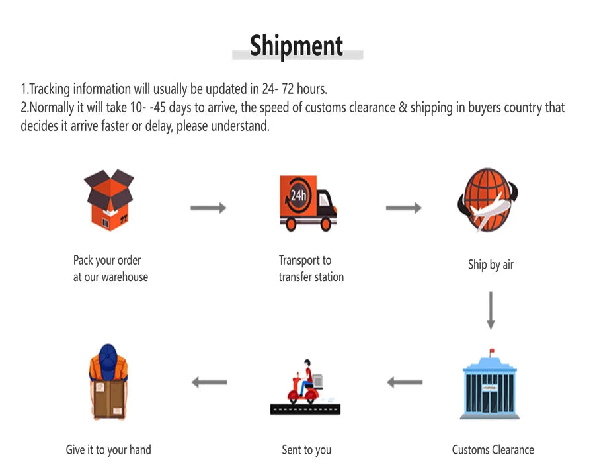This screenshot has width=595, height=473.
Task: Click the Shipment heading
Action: pyautogui.click(x=296, y=46)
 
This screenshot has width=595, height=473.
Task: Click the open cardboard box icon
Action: pyautogui.click(x=109, y=200)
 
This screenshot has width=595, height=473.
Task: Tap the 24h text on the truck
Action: pyautogui.click(x=298, y=195)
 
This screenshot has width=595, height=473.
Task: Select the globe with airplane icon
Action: pyautogui.click(x=488, y=200)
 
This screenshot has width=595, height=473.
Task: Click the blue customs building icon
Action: pyautogui.click(x=489, y=384)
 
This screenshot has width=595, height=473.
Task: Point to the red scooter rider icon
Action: pyautogui.click(x=305, y=382)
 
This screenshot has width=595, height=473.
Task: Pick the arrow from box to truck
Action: pyautogui.click(x=208, y=208)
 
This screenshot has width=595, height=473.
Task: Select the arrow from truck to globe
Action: pyautogui.click(x=404, y=208)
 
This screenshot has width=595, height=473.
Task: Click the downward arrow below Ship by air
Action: pyautogui.click(x=491, y=310)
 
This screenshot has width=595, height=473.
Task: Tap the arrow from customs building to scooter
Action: pyautogui.click(x=405, y=382)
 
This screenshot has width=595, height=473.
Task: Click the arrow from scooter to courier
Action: pyautogui.click(x=210, y=382)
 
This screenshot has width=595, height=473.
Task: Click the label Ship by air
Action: pyautogui.click(x=491, y=265)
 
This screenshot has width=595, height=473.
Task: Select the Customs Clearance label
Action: pyautogui.click(x=493, y=450)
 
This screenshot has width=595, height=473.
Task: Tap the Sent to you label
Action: pyautogui.click(x=307, y=451)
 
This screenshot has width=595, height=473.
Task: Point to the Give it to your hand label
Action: pyautogui.click(x=108, y=451)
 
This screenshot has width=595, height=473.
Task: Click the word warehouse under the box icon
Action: pyautogui.click(x=124, y=277)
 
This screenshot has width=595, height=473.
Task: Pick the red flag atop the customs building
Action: pyautogui.click(x=492, y=351)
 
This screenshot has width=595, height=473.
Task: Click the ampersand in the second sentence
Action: pyautogui.click(x=403, y=107)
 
